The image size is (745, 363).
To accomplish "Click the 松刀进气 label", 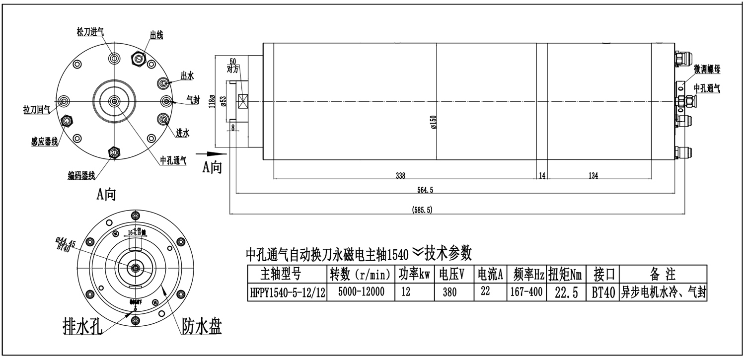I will [x=90, y=31].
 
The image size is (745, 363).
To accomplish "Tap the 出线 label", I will [x=156, y=35].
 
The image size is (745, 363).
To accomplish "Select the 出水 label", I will [x=187, y=76].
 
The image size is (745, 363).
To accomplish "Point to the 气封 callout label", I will [x=193, y=100].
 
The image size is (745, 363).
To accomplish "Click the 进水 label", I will [x=182, y=133].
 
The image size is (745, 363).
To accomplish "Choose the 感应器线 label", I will [x=44, y=142].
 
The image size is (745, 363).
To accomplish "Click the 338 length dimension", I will [x=401, y=175].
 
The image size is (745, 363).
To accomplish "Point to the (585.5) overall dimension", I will [x=422, y=210].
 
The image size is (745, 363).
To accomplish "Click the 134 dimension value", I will [x=593, y=175].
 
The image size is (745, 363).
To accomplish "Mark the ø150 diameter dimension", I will [x=433, y=122].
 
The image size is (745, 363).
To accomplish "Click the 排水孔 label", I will [x=82, y=326].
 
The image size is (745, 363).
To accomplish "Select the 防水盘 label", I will [x=201, y=326].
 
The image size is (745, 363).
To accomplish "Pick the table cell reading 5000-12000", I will [x=361, y=292].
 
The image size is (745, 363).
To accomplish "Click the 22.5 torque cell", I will [x=566, y=293].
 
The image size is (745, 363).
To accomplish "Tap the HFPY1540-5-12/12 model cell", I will [x=287, y=293].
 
